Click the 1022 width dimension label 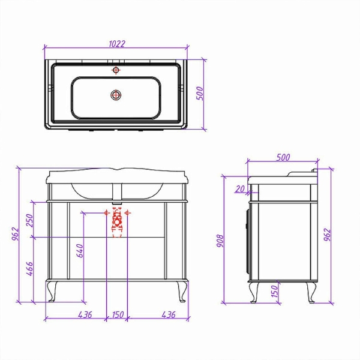pyautogui.click(x=117, y=44)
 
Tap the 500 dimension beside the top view pyautogui.click(x=200, y=93)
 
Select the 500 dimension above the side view pyautogui.click(x=283, y=157)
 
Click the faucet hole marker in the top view pyautogui.click(x=116, y=70)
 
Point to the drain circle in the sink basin pyautogui.click(x=116, y=95)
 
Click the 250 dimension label pyautogui.click(x=29, y=220)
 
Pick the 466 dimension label pyautogui.click(x=29, y=268)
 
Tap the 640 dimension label pyautogui.click(x=80, y=250)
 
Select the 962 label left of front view pyautogui.click(x=15, y=234)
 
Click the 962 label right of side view pyautogui.click(x=327, y=235)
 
